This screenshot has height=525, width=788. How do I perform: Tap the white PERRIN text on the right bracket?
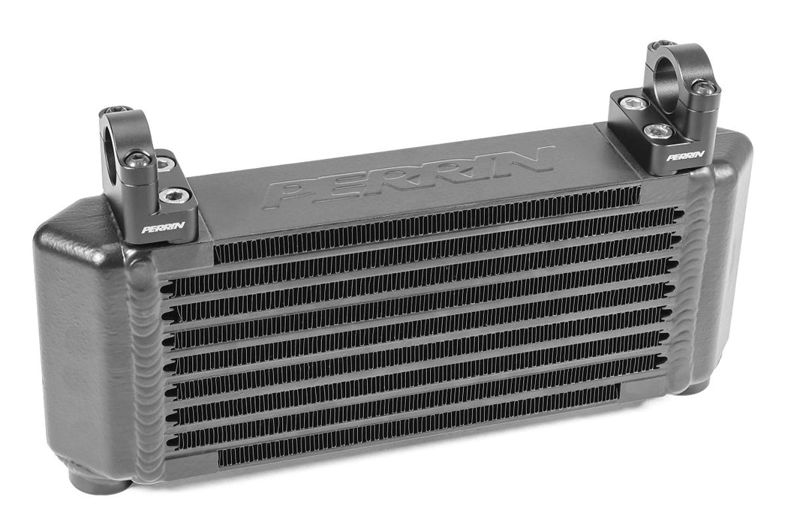tap(684, 156)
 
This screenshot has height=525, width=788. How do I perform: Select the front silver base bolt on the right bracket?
tap(658, 132)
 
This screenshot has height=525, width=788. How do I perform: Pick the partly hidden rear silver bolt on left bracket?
tap(162, 163)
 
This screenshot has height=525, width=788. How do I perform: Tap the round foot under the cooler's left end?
tap(98, 480)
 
